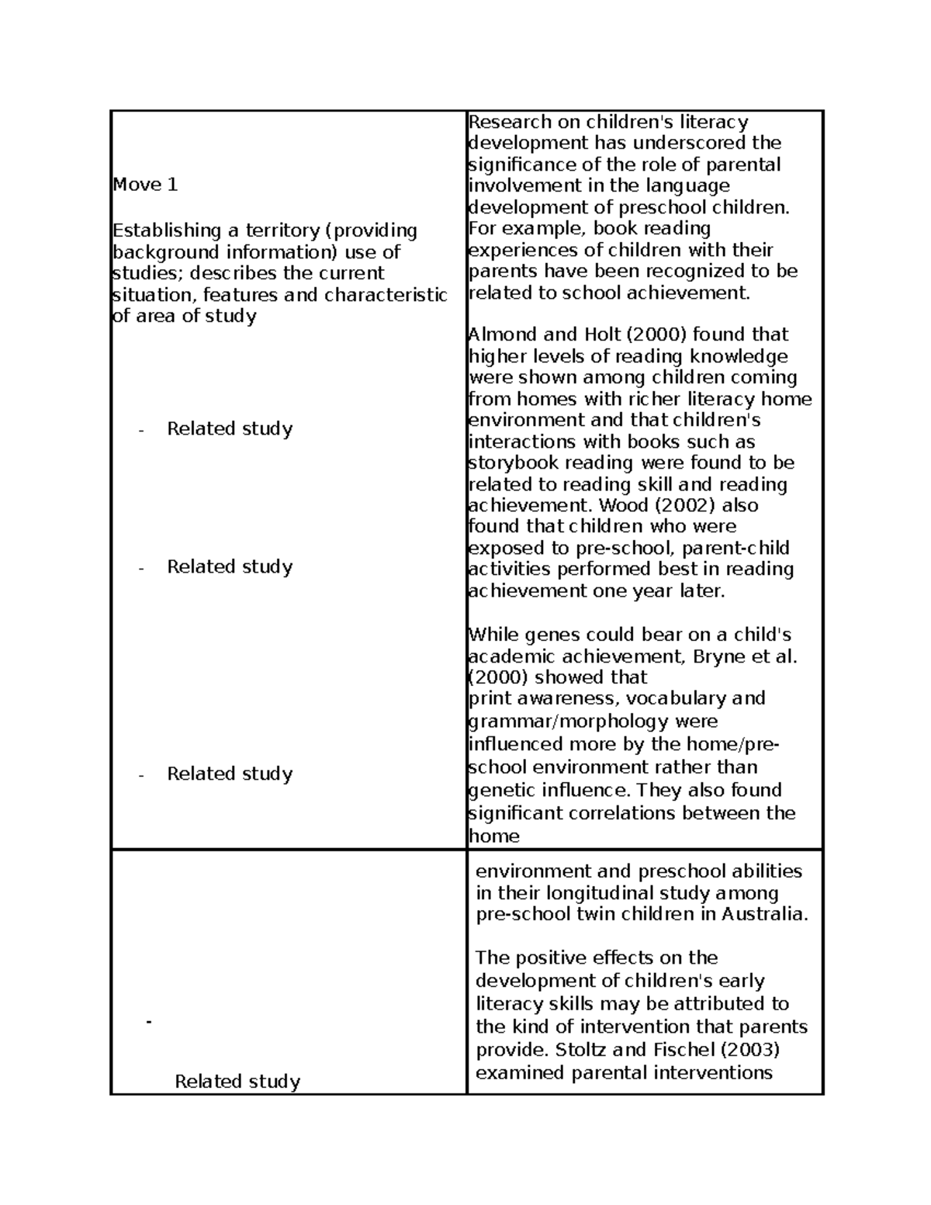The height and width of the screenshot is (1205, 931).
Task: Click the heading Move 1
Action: [x=145, y=185]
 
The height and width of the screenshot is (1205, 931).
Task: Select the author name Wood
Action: [x=614, y=505]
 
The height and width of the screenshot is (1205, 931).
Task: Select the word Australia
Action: [x=765, y=914]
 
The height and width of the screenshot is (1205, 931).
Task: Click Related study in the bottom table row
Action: [x=237, y=1082]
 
